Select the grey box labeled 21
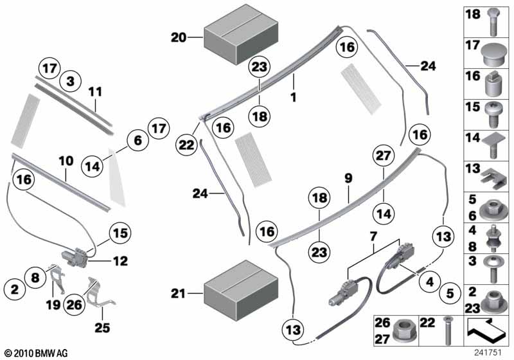pyautogui.click(x=241, y=291)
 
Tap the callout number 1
pyautogui.click(x=294, y=97)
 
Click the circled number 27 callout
pyautogui.click(x=383, y=156)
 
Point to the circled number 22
pyautogui.click(x=186, y=144)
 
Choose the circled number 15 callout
pyautogui.click(x=120, y=233)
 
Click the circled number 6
pyautogui.click(x=138, y=140)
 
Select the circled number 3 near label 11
pyautogui.click(x=71, y=81)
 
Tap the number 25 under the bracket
pyautogui.click(x=102, y=327)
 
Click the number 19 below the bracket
pyautogui.click(x=53, y=305)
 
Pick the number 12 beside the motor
pyautogui.click(x=120, y=261)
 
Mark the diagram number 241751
pyautogui.click(x=488, y=352)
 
